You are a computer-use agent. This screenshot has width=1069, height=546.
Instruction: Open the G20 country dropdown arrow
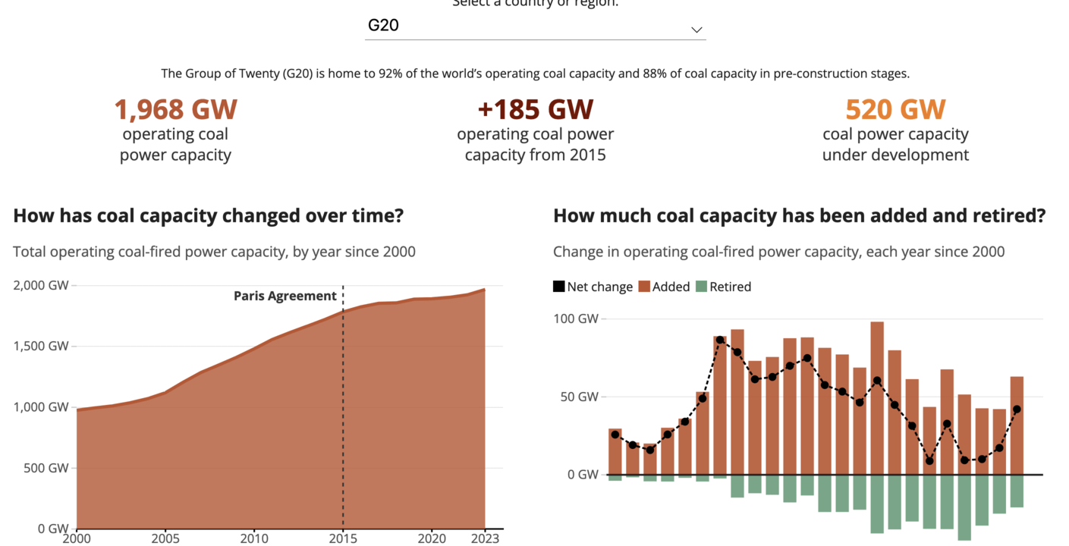point(696,30)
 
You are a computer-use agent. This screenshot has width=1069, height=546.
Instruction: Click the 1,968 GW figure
point(175,109)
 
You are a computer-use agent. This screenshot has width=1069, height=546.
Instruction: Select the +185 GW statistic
point(535,109)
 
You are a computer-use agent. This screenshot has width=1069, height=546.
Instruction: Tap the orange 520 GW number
point(895,109)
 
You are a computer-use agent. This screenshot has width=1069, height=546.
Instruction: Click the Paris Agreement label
point(285,296)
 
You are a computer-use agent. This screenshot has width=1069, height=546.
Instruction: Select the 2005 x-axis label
point(165,538)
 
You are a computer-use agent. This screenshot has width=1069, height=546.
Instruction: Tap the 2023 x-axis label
point(485,538)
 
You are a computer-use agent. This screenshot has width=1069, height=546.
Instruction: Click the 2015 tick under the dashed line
point(343,538)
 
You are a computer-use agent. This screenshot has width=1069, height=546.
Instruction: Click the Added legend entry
point(664,287)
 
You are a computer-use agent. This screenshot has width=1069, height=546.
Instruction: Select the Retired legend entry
point(723,287)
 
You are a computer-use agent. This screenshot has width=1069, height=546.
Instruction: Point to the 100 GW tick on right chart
point(577,318)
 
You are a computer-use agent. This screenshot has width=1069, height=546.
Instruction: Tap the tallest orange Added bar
point(877,394)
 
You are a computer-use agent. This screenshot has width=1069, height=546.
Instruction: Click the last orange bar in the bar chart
point(1017,425)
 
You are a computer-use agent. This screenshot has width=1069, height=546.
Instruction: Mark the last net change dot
point(1017,409)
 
